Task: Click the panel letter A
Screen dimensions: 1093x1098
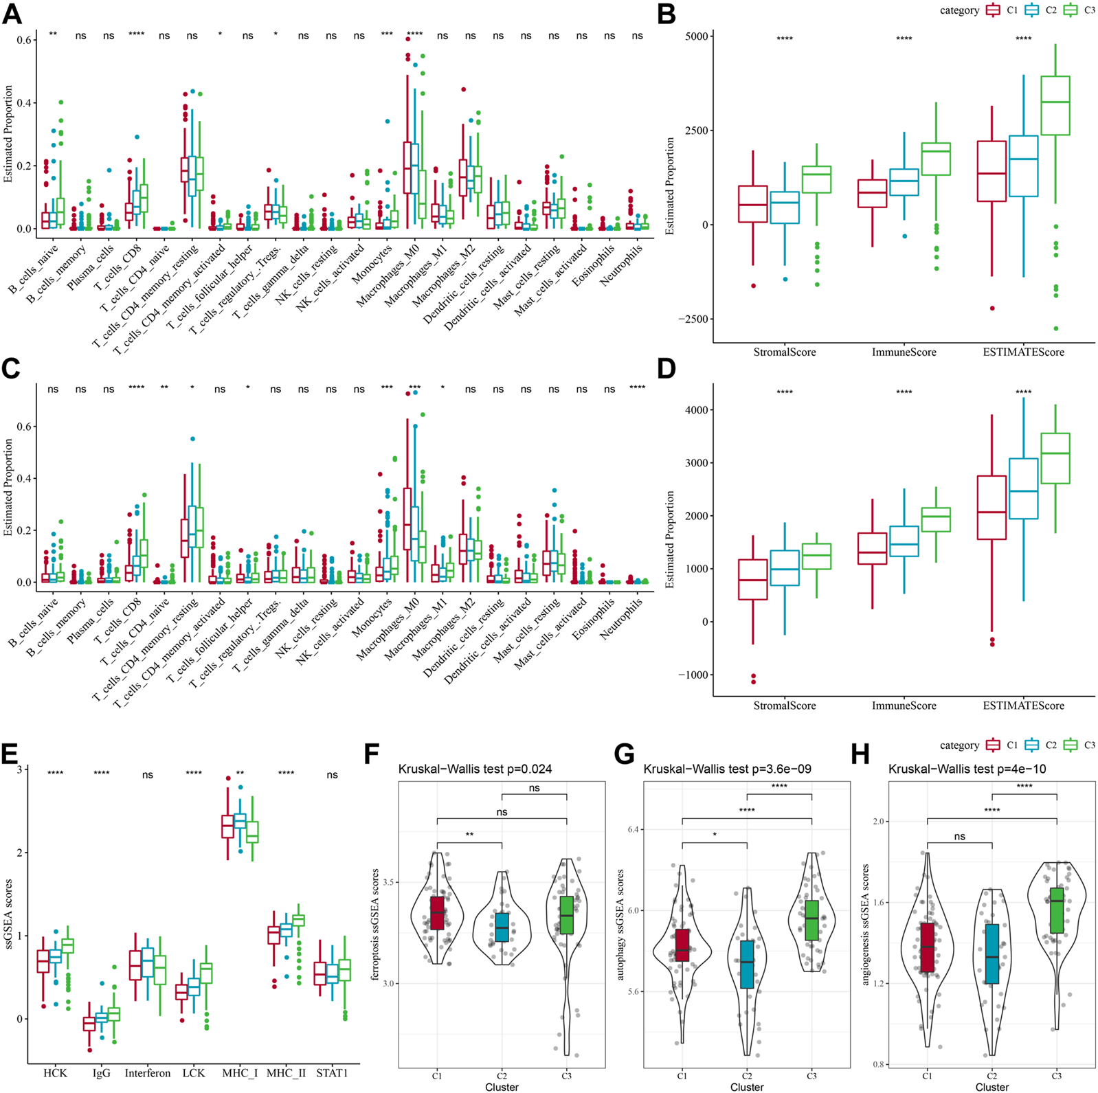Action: coord(12,14)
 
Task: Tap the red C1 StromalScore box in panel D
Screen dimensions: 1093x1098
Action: coord(752,579)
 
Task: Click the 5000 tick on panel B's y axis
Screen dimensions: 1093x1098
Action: coord(697,36)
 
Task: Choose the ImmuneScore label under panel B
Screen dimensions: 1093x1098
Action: coord(904,352)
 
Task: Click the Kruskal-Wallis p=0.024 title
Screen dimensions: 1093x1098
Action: coord(475,769)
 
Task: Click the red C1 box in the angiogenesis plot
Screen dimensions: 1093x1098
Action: coord(928,947)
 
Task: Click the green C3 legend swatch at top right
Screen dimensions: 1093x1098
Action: coord(1070,10)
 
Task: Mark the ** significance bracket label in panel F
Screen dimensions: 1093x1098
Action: coord(469,835)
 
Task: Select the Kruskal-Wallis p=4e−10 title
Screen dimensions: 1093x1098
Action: coord(967,769)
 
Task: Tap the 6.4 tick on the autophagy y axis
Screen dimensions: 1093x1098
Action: coord(632,829)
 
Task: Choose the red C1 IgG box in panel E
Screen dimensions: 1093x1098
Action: coord(89,1023)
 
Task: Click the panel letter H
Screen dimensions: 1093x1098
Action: coord(860,755)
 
